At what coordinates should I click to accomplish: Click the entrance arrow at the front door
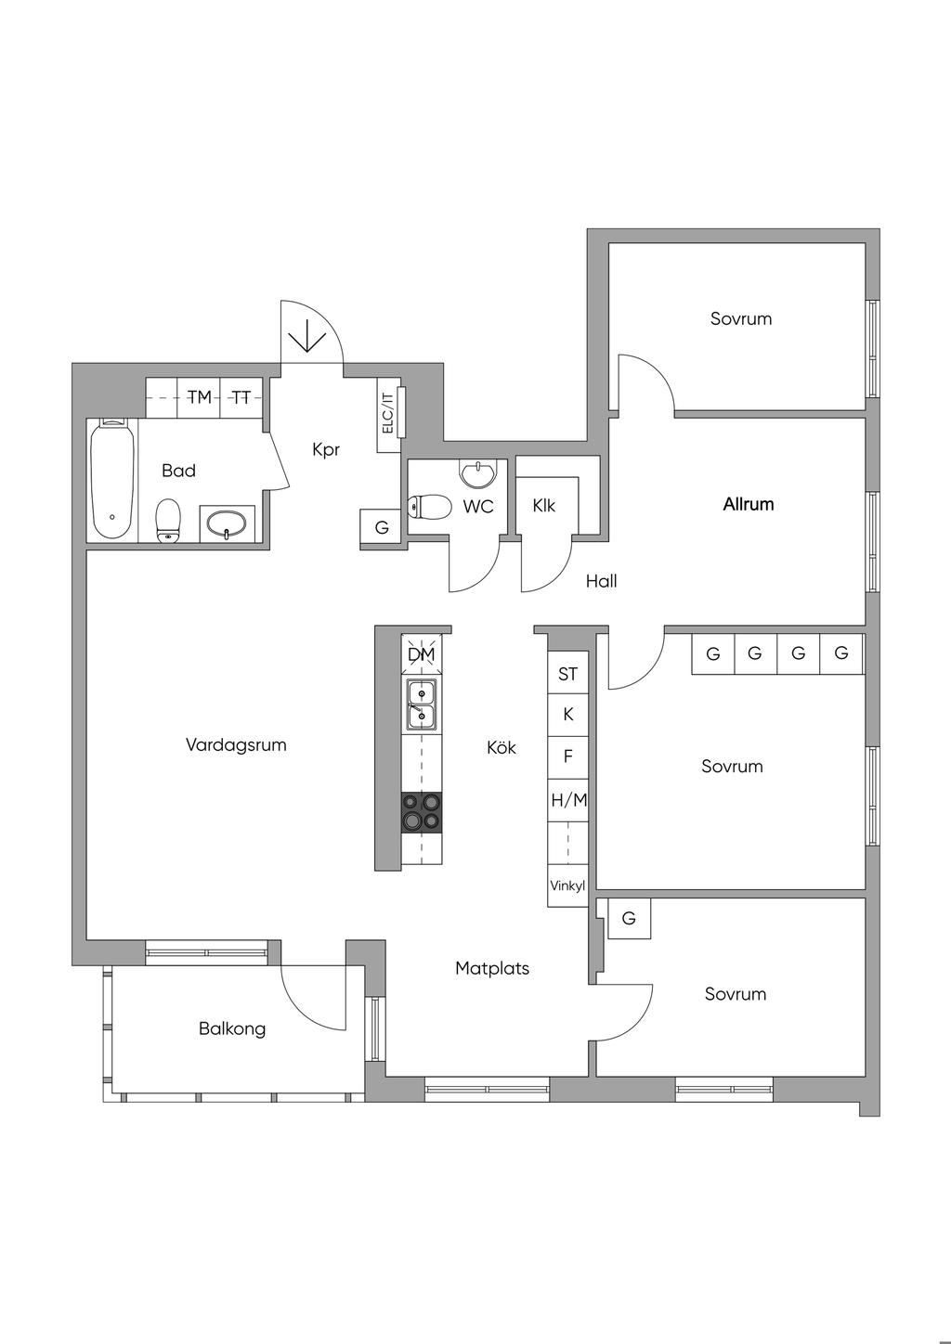click(307, 335)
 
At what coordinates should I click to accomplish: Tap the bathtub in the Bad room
click(111, 480)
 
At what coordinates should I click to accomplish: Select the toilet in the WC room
click(430, 507)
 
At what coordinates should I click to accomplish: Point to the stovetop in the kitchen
click(422, 812)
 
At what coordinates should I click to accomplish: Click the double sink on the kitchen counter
click(422, 705)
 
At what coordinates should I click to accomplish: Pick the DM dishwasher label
click(421, 654)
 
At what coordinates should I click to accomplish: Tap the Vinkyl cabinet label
click(567, 885)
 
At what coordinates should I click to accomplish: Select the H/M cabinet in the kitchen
click(568, 800)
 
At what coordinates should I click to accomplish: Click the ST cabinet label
click(568, 675)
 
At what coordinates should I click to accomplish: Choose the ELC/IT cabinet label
click(388, 413)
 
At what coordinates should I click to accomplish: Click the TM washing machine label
click(200, 397)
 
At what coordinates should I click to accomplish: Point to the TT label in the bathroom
click(241, 397)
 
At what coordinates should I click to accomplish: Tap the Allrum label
click(748, 504)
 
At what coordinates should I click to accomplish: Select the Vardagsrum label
click(236, 745)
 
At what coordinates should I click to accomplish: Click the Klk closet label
click(544, 506)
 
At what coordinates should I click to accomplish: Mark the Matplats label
click(492, 968)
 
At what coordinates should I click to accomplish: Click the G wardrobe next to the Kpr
click(382, 528)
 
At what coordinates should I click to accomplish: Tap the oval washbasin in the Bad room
click(227, 523)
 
